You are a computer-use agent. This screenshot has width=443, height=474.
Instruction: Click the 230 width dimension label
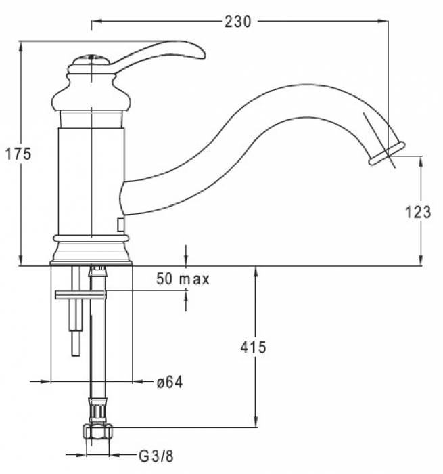coord(237,22)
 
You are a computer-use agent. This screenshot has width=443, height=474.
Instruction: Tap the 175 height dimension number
coord(18,154)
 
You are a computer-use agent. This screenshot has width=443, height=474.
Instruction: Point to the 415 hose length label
coord(253,347)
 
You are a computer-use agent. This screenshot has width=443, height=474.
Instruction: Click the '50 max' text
coord(183,279)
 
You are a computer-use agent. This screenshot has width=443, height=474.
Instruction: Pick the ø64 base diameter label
coord(170,382)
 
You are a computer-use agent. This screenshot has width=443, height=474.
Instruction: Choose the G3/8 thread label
coord(156,456)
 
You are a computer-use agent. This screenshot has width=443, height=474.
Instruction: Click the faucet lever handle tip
coord(202,54)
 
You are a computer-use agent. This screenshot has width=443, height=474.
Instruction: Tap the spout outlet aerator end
coord(387,154)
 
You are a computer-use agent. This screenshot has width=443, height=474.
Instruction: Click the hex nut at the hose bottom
coord(97,431)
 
